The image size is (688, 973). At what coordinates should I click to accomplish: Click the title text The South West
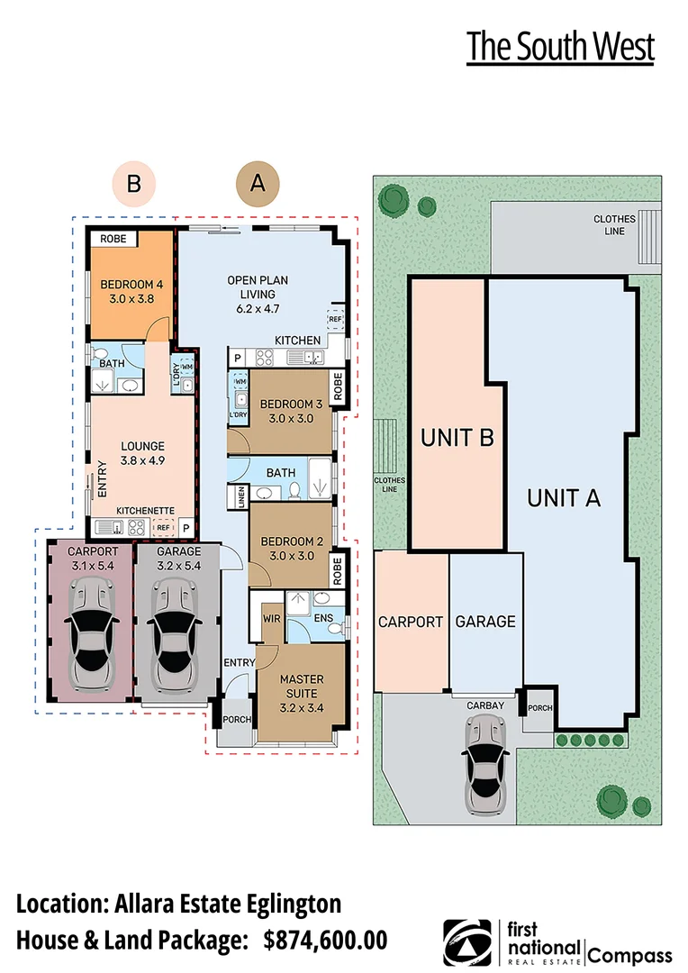tap(560, 48)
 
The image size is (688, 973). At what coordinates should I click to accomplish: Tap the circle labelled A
tap(258, 183)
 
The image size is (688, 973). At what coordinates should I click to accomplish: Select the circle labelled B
tap(133, 184)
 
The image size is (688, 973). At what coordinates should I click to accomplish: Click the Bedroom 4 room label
tap(127, 286)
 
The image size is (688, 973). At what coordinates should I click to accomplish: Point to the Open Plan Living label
tap(258, 294)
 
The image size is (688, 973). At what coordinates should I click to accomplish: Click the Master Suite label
tap(302, 687)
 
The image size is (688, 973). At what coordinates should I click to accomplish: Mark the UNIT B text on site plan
tap(458, 438)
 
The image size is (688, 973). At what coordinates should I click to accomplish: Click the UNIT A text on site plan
tap(564, 497)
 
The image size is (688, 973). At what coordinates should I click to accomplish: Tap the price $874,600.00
tap(325, 941)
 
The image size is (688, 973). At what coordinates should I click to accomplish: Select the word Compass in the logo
tap(630, 956)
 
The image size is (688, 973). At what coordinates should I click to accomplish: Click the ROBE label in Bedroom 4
tap(113, 240)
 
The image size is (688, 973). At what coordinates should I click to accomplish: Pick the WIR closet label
tap(272, 619)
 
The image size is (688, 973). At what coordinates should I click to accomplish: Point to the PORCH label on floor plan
tap(237, 719)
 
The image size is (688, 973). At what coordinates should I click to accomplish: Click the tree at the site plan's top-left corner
tap(393, 199)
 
